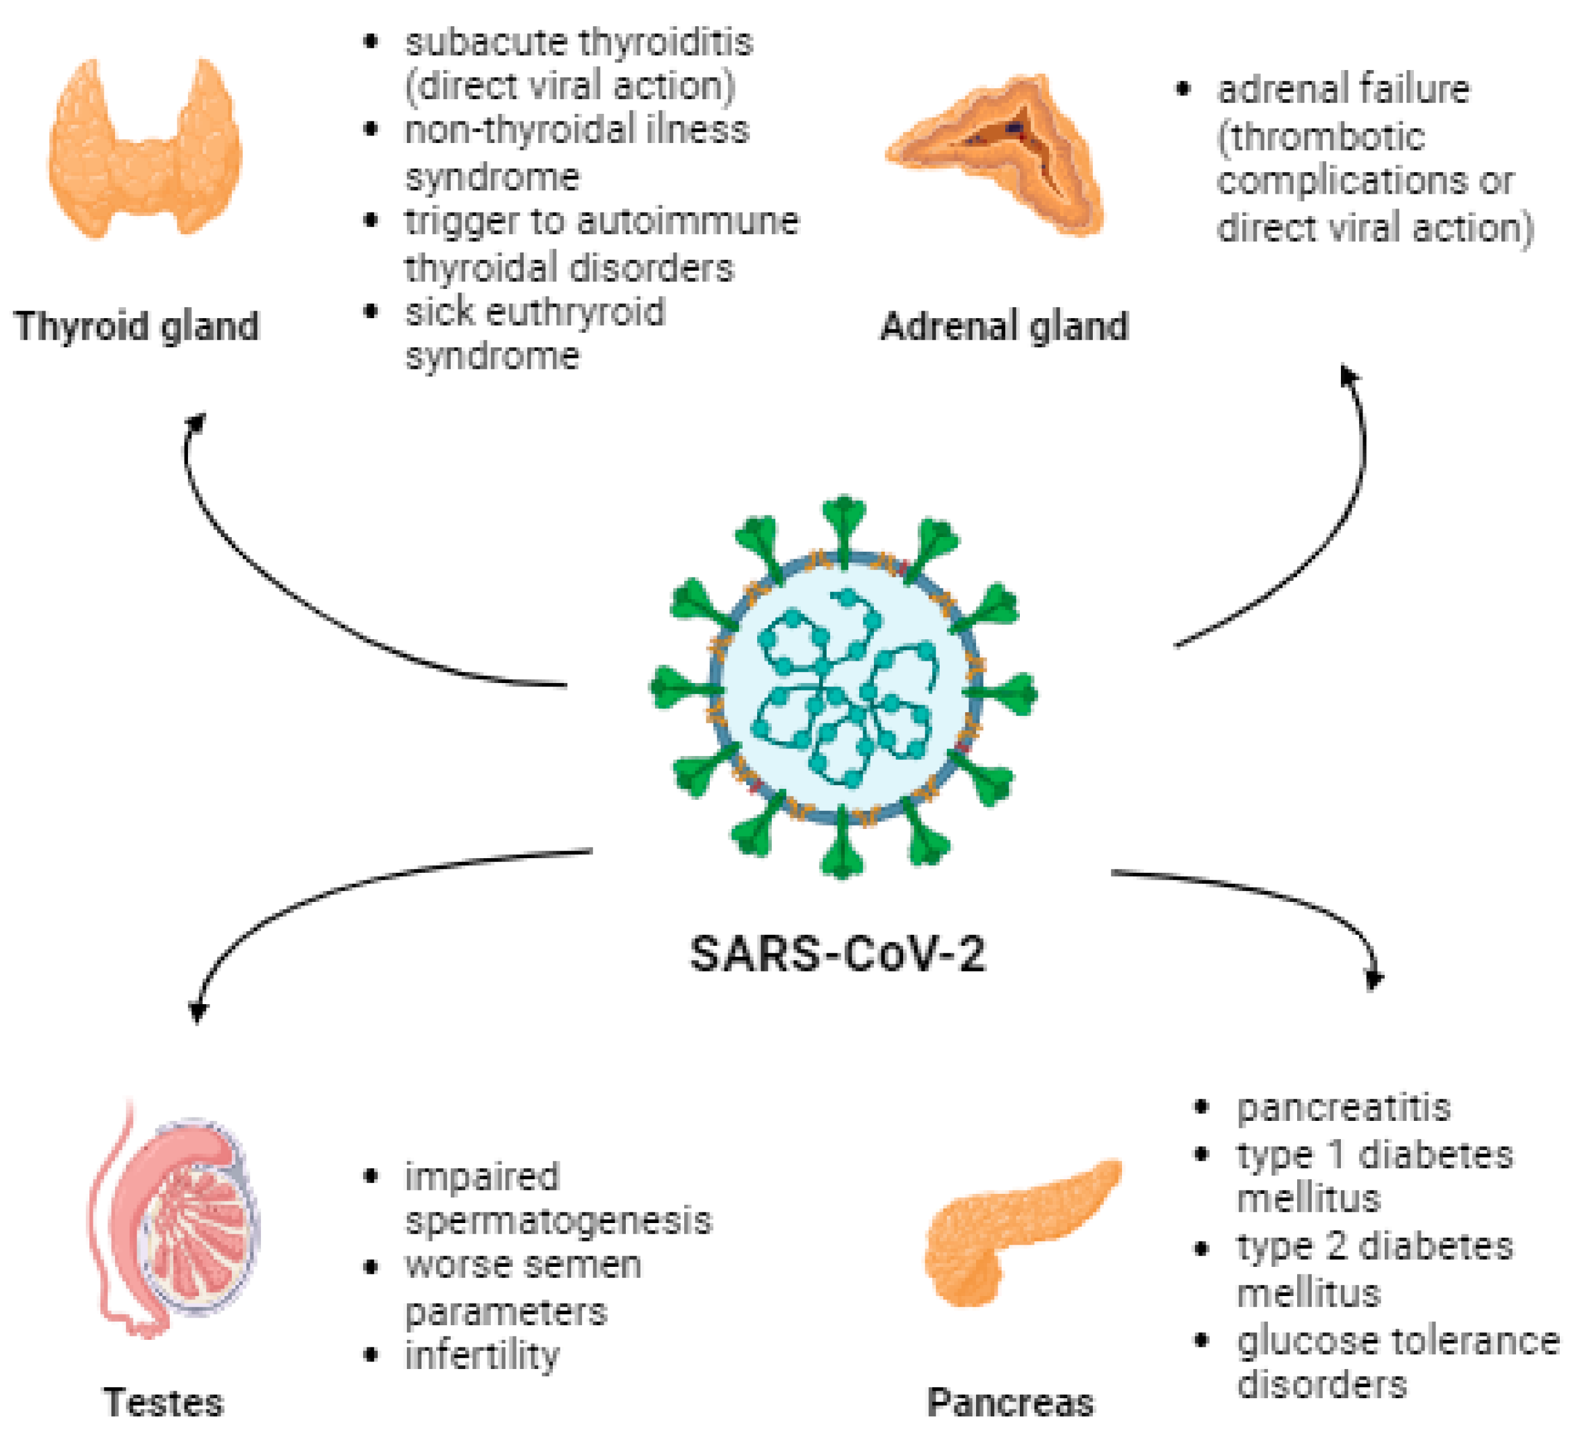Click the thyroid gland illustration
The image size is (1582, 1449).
145,153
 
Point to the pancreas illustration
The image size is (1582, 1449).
1012,1232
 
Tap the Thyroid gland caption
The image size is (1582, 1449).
137,326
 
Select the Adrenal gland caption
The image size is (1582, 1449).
1005,326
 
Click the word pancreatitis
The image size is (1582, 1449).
1343,1107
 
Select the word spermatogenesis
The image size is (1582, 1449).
559,1221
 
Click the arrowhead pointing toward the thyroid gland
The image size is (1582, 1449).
196,422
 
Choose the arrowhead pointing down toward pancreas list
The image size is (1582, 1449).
1374,980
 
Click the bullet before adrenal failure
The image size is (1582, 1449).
1183,89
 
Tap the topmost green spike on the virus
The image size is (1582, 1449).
844,510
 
